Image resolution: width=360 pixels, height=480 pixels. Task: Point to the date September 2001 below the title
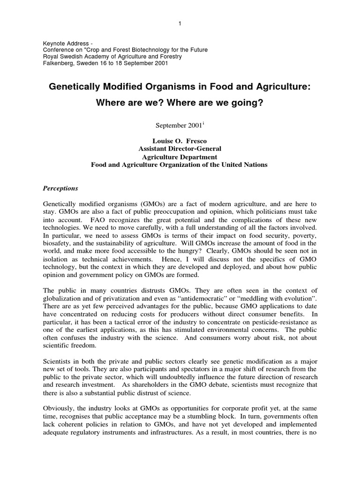tap(176, 126)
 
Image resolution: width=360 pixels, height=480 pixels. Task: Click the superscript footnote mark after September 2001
tap(201, 124)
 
